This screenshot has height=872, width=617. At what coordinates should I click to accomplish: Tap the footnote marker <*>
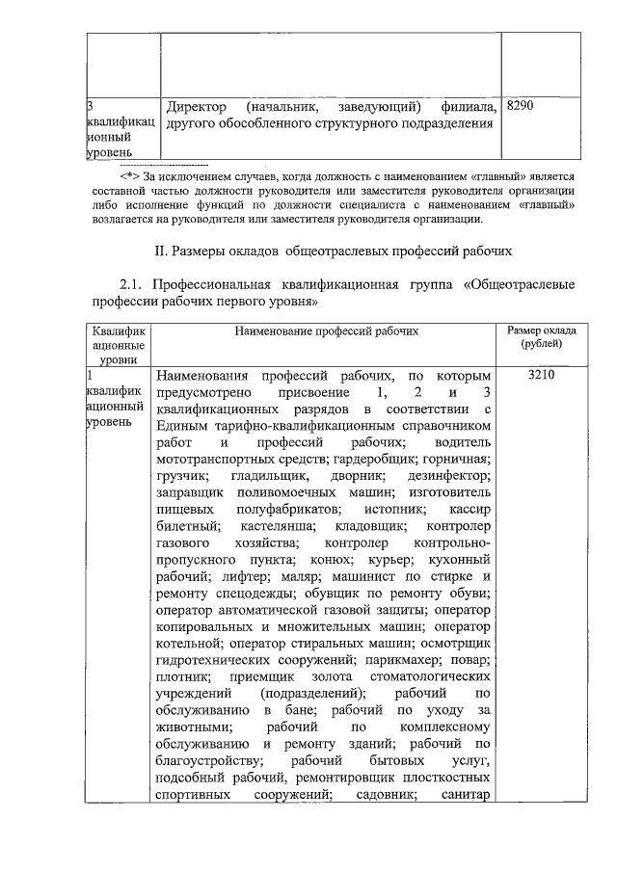point(130,176)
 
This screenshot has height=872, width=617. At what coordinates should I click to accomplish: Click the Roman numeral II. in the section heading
point(162,251)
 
